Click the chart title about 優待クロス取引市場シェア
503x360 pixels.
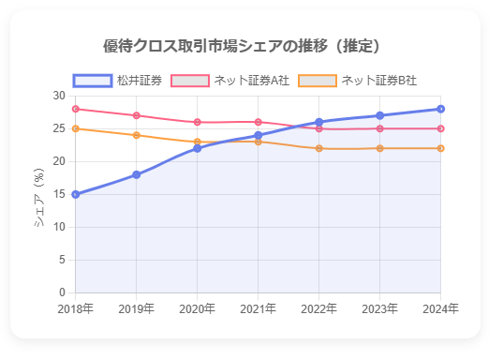pyautogui.click(x=242, y=46)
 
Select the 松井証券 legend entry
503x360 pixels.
pyautogui.click(x=118, y=81)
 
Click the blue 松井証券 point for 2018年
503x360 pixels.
pyautogui.click(x=76, y=194)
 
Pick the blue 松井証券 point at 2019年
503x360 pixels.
pyautogui.click(x=137, y=174)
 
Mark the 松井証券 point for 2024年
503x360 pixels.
pyautogui.click(x=440, y=109)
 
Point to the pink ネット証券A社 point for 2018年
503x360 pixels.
pyautogui.click(x=76, y=109)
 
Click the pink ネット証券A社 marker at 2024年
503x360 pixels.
pyautogui.click(x=440, y=128)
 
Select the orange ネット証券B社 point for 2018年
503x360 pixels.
pyautogui.click(x=76, y=128)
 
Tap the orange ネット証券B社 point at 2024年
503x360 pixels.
pyautogui.click(x=440, y=148)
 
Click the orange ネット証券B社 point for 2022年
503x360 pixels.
pyautogui.click(x=319, y=148)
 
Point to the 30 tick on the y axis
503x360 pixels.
pyautogui.click(x=59, y=96)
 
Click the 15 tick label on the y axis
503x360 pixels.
pyautogui.click(x=59, y=194)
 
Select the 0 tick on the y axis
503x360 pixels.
pyautogui.click(x=62, y=292)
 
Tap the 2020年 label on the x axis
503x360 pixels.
pyautogui.click(x=198, y=308)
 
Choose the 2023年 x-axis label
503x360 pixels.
pyautogui.click(x=379, y=308)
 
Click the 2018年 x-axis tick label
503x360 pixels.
pyautogui.click(x=76, y=308)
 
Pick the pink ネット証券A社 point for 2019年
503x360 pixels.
pyautogui.click(x=137, y=115)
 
